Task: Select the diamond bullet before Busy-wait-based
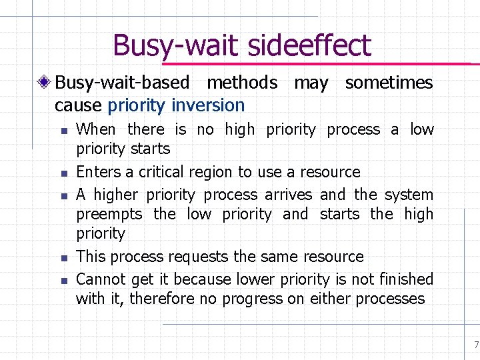click(45, 83)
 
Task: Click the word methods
click(242, 83)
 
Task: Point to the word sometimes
click(389, 83)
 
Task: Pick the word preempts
click(109, 215)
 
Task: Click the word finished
click(407, 279)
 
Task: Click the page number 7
click(475, 345)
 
